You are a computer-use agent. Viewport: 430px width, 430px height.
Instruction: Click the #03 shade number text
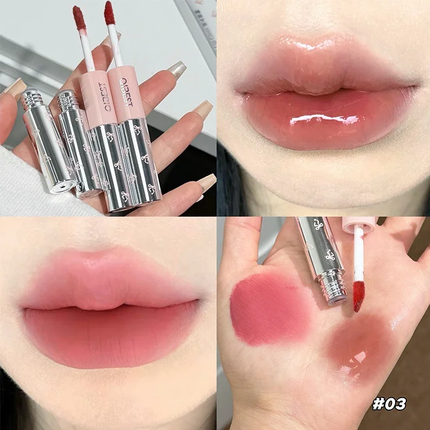tap(389, 404)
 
